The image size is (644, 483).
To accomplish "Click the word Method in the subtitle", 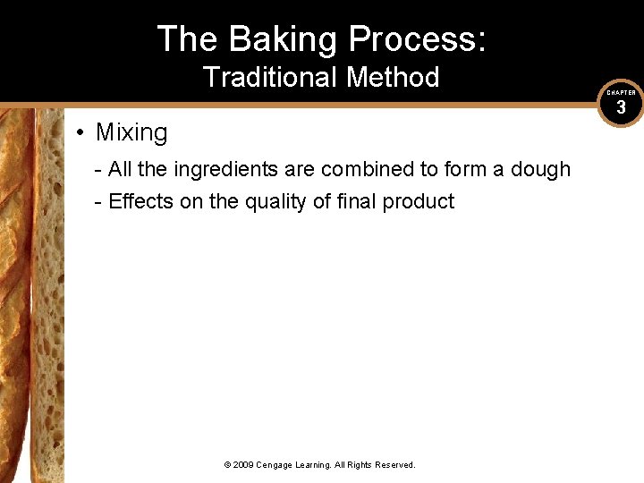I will pyautogui.click(x=393, y=78).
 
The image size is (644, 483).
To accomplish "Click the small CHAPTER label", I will pyautogui.click(x=621, y=93).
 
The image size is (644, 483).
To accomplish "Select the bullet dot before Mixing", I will pyautogui.click(x=80, y=133).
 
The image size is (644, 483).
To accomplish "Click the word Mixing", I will pyautogui.click(x=131, y=132).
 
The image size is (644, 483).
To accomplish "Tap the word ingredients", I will pyautogui.click(x=226, y=170).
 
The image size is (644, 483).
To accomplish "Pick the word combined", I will pyautogui.click(x=361, y=170).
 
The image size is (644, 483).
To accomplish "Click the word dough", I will pyautogui.click(x=540, y=170).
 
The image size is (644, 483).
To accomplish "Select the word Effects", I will pyautogui.click(x=141, y=201).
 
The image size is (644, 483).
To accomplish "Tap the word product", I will pyautogui.click(x=419, y=202).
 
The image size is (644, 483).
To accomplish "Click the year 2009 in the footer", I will pyautogui.click(x=243, y=465).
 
